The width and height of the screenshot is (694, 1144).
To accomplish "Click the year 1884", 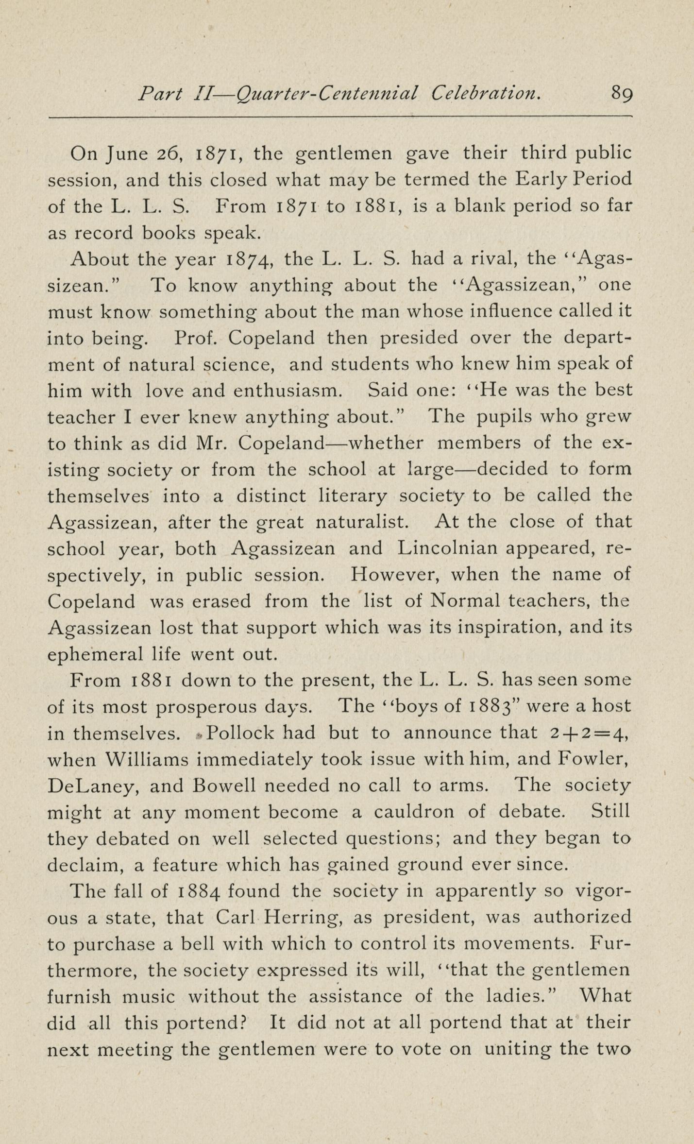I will click(x=201, y=891).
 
